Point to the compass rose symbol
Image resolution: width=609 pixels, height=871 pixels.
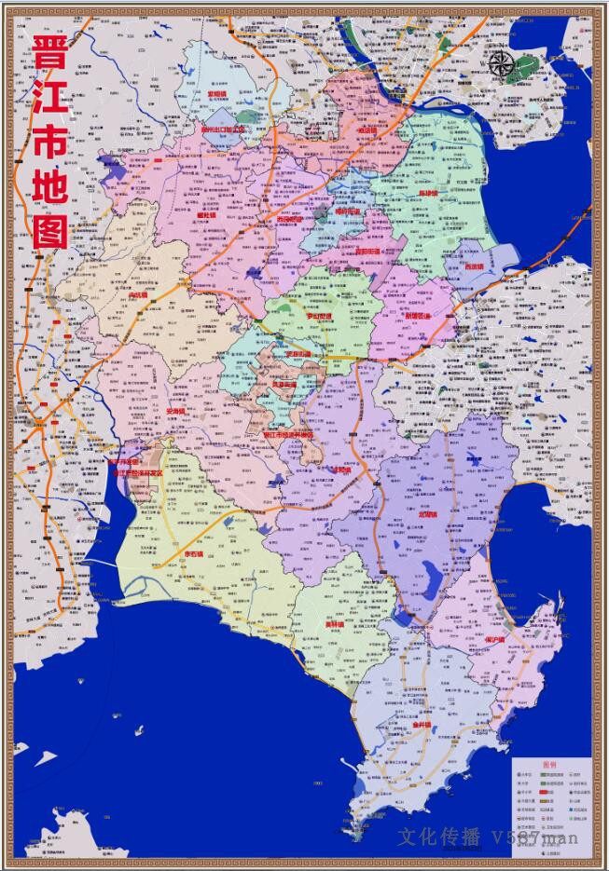pyautogui.click(x=502, y=62)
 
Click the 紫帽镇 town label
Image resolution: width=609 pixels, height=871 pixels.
pyautogui.click(x=217, y=94)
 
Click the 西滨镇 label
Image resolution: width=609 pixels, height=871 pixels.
pyautogui.click(x=476, y=266)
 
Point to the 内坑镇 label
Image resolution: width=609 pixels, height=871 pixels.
pyautogui.click(x=140, y=295)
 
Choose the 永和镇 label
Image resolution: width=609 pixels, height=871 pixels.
pyautogui.click(x=342, y=470)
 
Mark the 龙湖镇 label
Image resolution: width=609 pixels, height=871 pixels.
pyautogui.click(x=430, y=513)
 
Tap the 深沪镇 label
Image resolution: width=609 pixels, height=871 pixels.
pyautogui.click(x=494, y=642)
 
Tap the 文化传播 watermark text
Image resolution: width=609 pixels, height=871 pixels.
pyautogui.click(x=439, y=837)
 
